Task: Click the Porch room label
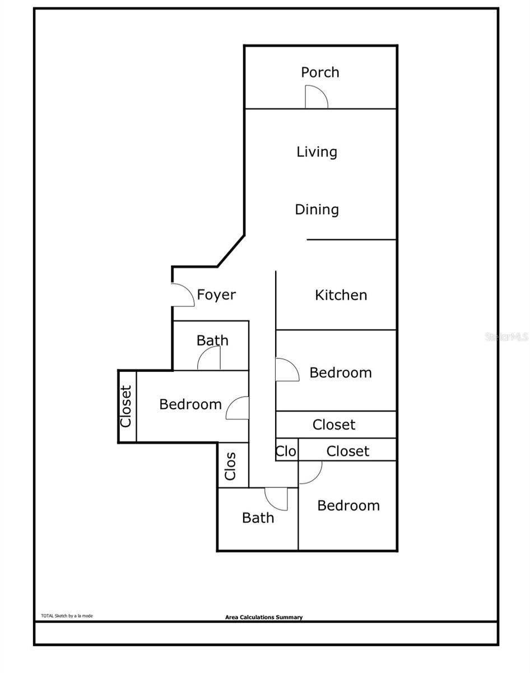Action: [x=320, y=72]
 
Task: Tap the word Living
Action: [x=317, y=152]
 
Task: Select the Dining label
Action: [x=317, y=210]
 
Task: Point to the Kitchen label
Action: [x=341, y=295]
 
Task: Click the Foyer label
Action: [x=216, y=294]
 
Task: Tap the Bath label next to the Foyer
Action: [x=212, y=340]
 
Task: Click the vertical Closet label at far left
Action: [x=125, y=407]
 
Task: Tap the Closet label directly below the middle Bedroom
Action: [x=334, y=425]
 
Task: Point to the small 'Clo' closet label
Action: [x=286, y=451]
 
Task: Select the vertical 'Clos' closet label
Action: [x=230, y=466]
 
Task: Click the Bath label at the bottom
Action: [x=258, y=518]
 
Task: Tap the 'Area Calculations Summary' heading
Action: [x=264, y=617]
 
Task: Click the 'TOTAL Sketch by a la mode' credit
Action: [x=67, y=616]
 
